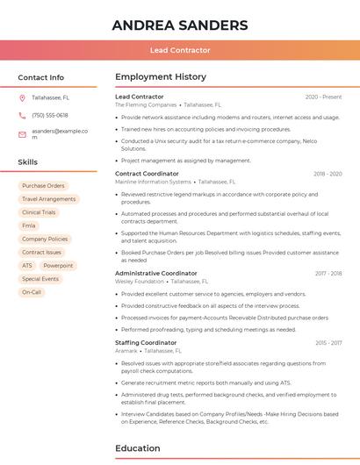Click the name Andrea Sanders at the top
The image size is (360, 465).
(x=179, y=25)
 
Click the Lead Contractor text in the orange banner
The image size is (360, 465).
(x=180, y=51)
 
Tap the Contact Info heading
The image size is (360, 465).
(x=40, y=77)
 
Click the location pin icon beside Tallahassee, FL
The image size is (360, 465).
(x=22, y=97)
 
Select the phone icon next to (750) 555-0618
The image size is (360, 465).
(x=22, y=115)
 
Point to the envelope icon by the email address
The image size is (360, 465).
(x=22, y=134)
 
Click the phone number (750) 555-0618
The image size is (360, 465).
(x=50, y=115)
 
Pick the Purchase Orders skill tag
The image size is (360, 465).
(x=43, y=186)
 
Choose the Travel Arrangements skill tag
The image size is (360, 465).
(x=48, y=199)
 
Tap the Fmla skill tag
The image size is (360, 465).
(x=29, y=225)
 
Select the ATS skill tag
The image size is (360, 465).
(x=27, y=265)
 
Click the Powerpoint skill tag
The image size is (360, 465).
(x=58, y=265)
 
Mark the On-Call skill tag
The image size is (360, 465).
(x=32, y=292)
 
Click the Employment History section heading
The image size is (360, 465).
(x=160, y=77)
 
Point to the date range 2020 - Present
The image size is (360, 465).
(x=323, y=97)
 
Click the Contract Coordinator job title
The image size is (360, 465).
(x=147, y=174)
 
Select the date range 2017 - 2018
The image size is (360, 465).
(x=328, y=273)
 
